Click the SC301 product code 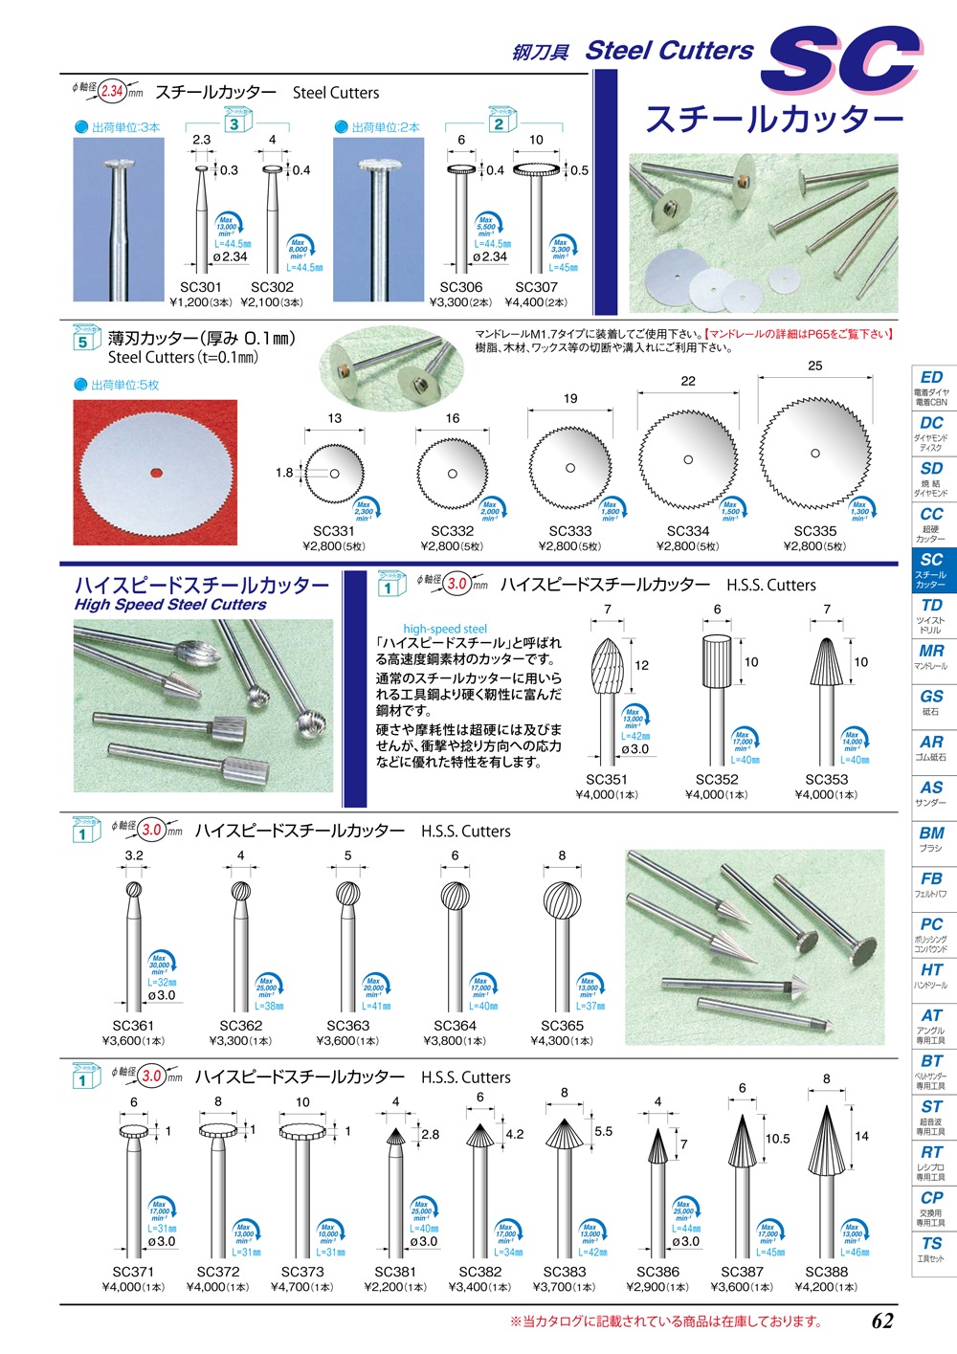tap(200, 287)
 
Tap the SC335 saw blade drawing tap(814, 454)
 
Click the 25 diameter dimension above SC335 tap(814, 366)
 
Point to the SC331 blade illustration tap(334, 474)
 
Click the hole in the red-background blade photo tap(155, 472)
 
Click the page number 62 tap(882, 1321)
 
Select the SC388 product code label tap(826, 1272)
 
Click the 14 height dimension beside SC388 tap(861, 1136)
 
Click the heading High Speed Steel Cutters tap(170, 605)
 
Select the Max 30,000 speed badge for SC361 tap(161, 965)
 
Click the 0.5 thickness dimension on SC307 tap(580, 170)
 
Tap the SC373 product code tap(302, 1272)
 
